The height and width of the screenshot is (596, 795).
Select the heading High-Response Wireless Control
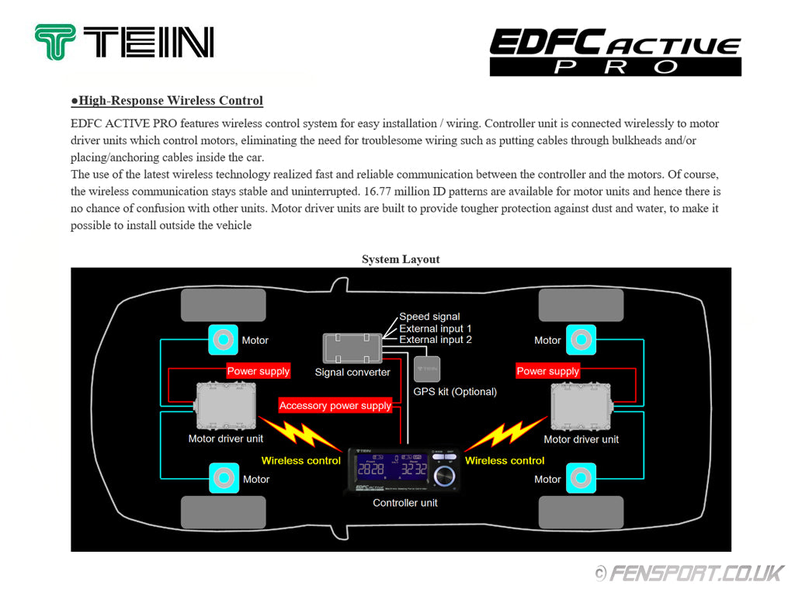pyautogui.click(x=167, y=101)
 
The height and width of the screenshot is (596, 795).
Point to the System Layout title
pyautogui.click(x=401, y=259)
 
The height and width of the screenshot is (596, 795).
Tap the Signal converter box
pyautogui.click(x=352, y=347)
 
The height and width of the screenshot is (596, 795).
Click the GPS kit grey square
pyautogui.click(x=426, y=368)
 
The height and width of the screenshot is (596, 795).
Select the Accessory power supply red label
pyautogui.click(x=335, y=406)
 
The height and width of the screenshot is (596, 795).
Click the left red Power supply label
pyautogui.click(x=258, y=371)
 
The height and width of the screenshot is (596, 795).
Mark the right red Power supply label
pyautogui.click(x=547, y=371)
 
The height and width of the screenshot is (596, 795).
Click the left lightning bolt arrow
pyautogui.click(x=300, y=434)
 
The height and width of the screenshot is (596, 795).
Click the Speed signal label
pyautogui.click(x=429, y=317)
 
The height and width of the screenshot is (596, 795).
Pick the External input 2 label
pyautogui.click(x=435, y=340)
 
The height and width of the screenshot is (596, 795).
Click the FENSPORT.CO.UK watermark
pyautogui.click(x=691, y=573)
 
